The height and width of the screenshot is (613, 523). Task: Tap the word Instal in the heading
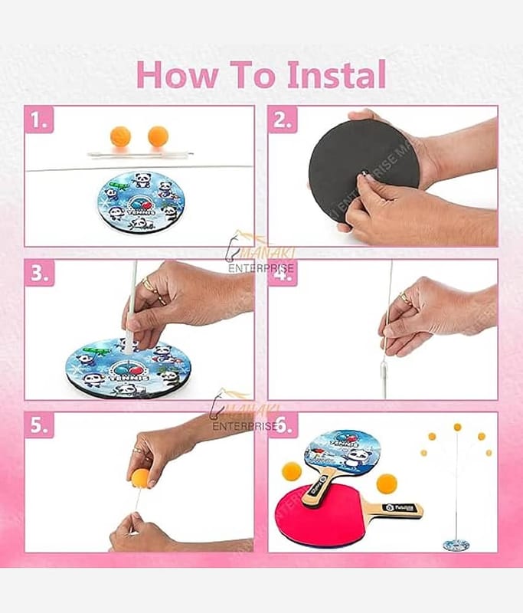pyautogui.click(x=336, y=74)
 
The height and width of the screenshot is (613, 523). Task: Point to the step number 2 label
pyautogui.click(x=282, y=120)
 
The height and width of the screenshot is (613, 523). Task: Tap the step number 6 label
pyautogui.click(x=283, y=426)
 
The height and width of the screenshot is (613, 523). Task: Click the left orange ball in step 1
pyautogui.click(x=120, y=136)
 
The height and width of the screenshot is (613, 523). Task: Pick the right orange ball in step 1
pyautogui.click(x=158, y=136)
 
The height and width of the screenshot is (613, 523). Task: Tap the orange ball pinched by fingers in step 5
pyautogui.click(x=140, y=478)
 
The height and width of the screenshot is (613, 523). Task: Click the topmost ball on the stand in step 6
pyautogui.click(x=457, y=427)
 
